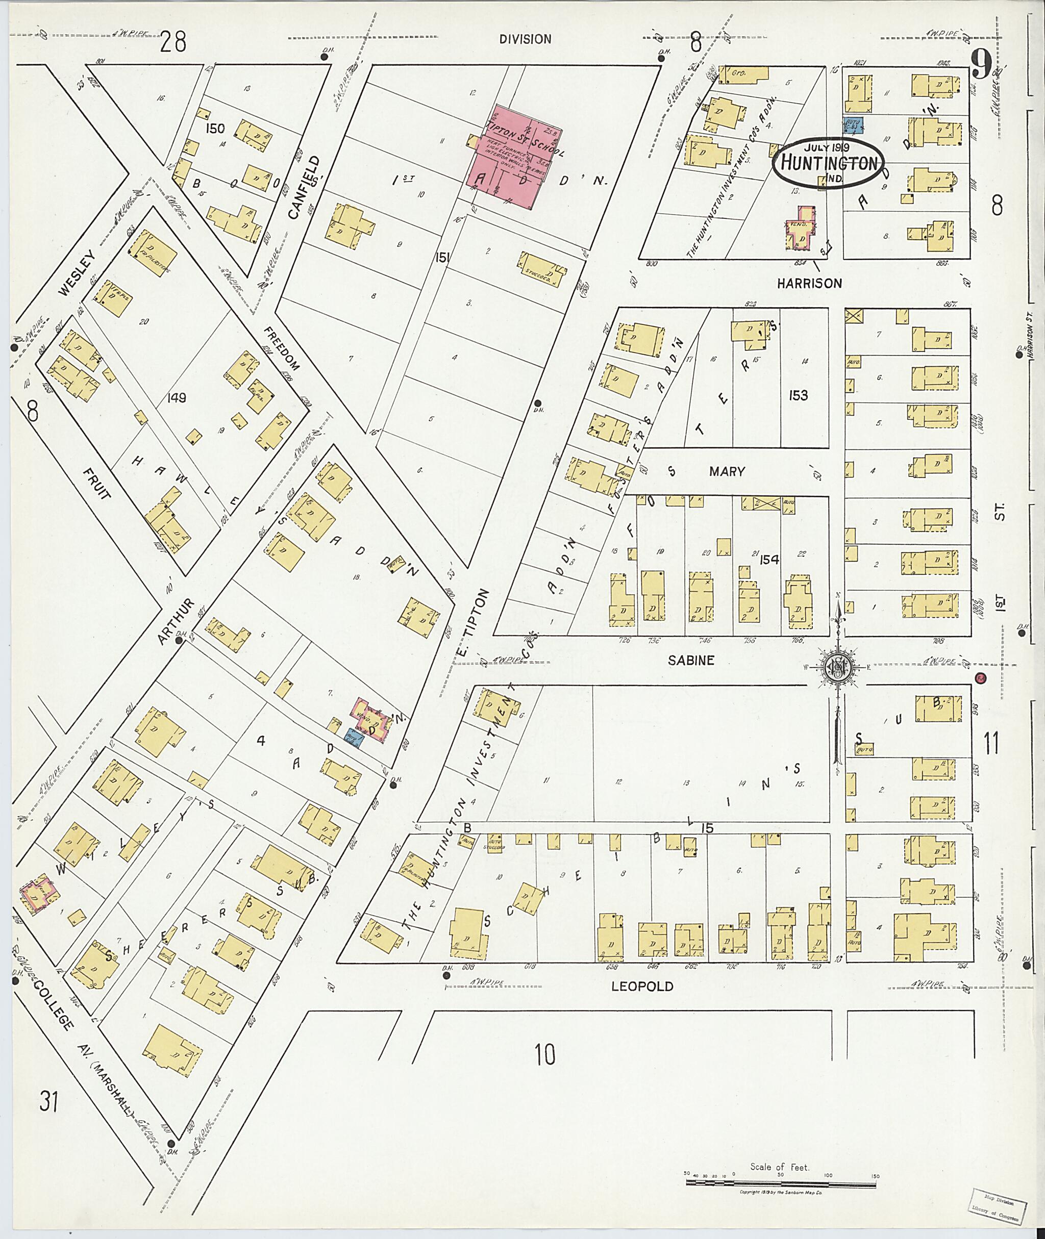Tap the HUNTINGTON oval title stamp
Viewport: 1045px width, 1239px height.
coord(828,162)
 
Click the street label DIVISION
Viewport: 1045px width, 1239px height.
coord(525,39)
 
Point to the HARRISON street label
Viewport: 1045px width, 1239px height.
coord(809,284)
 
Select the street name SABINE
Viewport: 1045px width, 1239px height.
coord(691,661)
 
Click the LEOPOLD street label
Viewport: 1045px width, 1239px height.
coord(643,986)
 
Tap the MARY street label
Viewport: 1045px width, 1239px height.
coord(727,471)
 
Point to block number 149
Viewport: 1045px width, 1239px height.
coord(177,397)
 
